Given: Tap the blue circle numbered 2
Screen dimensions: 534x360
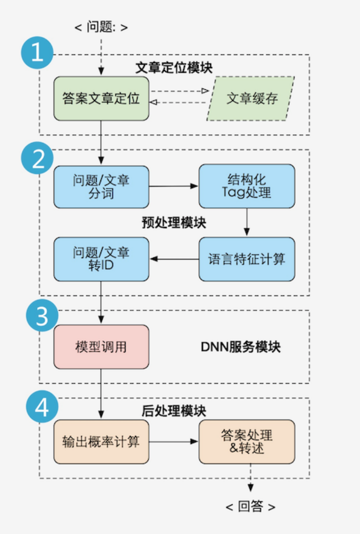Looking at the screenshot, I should pyautogui.click(x=37, y=159).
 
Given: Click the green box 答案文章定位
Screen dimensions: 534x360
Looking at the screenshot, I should pyautogui.click(x=101, y=98).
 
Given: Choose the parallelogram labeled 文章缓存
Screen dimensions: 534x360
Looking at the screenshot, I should pyautogui.click(x=251, y=98).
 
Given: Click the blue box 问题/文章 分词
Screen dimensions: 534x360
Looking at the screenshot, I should pyautogui.click(x=101, y=186).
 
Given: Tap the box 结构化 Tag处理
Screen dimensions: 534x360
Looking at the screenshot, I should pyautogui.click(x=246, y=186).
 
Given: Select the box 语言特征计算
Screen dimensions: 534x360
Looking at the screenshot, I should pyautogui.click(x=246, y=259).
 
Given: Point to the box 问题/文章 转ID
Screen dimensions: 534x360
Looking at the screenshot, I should pyautogui.click(x=101, y=259).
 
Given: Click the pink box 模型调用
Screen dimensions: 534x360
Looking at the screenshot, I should pyautogui.click(x=101, y=346).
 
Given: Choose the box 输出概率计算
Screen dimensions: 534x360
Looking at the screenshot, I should pyautogui.click(x=101, y=441).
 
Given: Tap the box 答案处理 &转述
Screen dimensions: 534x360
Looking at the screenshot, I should pyautogui.click(x=246, y=441).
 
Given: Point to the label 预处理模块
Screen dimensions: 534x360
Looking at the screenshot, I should pyautogui.click(x=173, y=222).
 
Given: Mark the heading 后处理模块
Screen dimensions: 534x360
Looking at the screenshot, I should pyautogui.click(x=173, y=411).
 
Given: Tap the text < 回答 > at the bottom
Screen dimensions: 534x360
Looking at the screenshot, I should pyautogui.click(x=250, y=506).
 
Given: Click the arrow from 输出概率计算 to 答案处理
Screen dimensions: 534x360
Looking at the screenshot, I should pyautogui.click(x=173, y=441).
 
